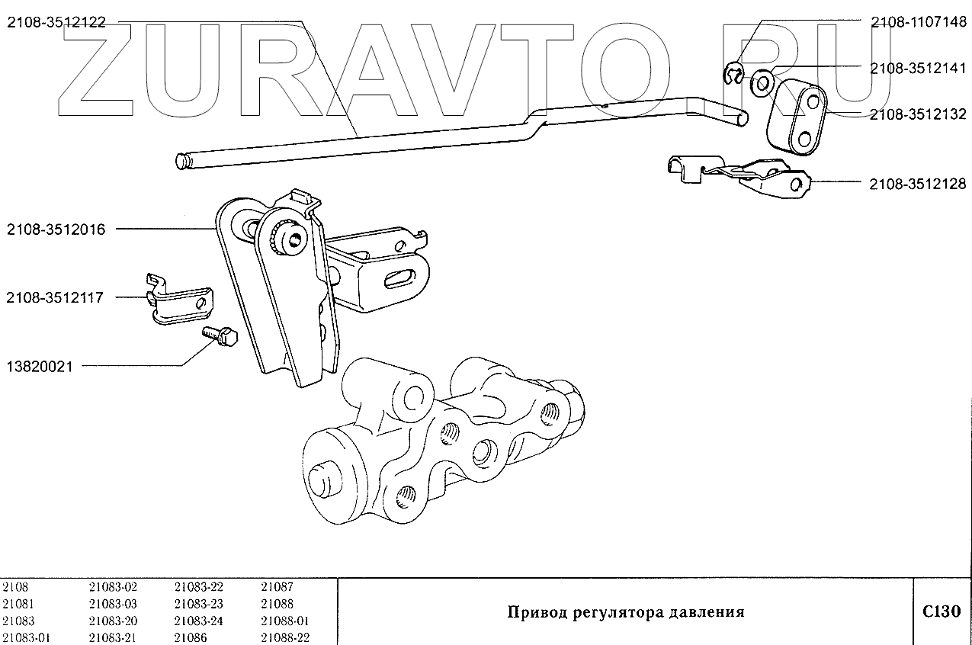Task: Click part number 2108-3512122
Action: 56,23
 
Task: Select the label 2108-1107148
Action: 918,23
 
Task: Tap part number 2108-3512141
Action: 918,69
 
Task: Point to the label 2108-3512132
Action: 918,115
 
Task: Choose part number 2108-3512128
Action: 918,184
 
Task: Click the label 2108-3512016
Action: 56,229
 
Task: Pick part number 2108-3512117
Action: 56,297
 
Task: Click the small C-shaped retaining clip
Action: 732,73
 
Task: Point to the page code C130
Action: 942,611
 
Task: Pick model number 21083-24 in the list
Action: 198,621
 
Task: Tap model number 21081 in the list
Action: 19,604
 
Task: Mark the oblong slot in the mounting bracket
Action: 401,278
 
